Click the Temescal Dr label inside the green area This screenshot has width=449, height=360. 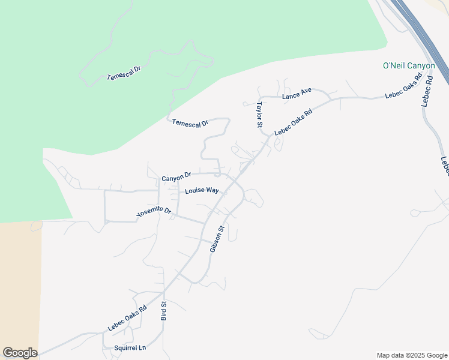(123, 73)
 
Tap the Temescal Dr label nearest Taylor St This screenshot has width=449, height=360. (190, 122)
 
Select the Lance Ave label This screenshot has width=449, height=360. (297, 94)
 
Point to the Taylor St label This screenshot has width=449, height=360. (259, 114)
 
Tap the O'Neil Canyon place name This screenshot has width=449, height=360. (408, 65)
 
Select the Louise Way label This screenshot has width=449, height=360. (202, 191)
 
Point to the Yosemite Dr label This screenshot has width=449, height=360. (154, 212)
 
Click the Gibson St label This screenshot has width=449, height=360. (216, 238)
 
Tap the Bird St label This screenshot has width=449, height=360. (163, 311)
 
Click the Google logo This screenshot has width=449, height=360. (20, 353)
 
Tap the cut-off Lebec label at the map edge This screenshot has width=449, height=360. (445, 166)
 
